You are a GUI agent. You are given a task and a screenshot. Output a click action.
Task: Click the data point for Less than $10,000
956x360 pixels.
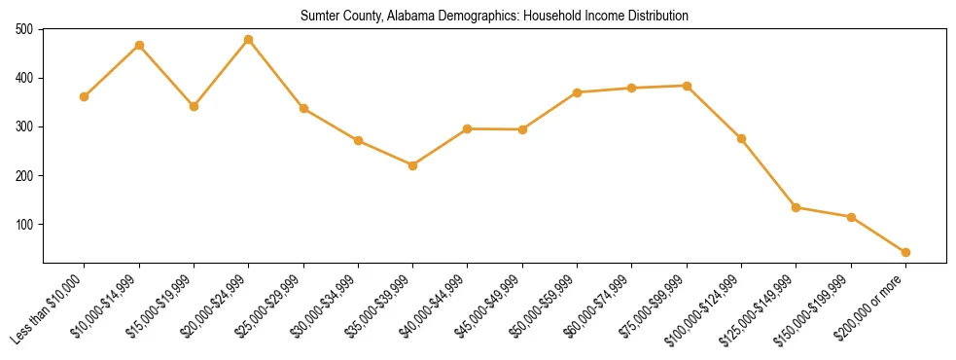point(84,96)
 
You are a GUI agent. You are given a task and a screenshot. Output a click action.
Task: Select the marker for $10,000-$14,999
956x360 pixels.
point(139,45)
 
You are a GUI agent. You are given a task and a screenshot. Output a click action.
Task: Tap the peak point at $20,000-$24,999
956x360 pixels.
point(249,40)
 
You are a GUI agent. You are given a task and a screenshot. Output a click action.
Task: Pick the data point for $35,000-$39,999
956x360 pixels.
point(413,165)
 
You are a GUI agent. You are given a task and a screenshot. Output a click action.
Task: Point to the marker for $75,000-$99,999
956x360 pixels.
point(687,86)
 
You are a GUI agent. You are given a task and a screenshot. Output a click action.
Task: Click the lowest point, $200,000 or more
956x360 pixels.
point(905,252)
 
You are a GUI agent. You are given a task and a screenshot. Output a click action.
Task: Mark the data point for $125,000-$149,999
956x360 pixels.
point(797,207)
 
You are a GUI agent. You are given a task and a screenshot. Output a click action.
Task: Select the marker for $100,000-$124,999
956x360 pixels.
point(741,138)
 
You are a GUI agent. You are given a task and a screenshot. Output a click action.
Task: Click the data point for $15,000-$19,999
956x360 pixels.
point(194,106)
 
